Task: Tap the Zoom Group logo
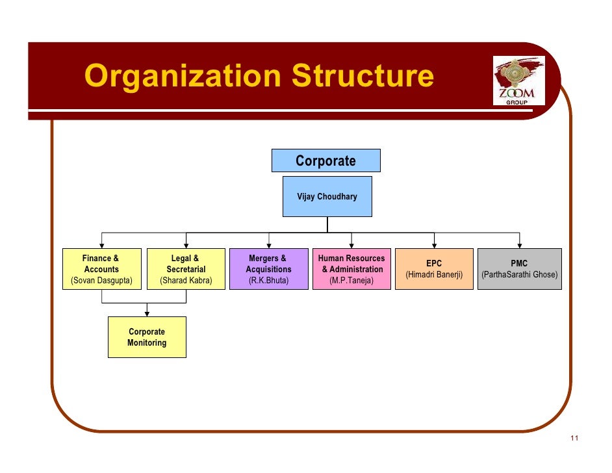point(518,80)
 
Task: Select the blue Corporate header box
point(325,161)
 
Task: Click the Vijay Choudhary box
point(327,196)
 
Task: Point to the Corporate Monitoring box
point(147,337)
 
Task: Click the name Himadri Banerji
point(434,275)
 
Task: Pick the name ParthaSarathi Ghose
point(519,275)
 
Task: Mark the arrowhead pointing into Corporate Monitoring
point(147,313)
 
